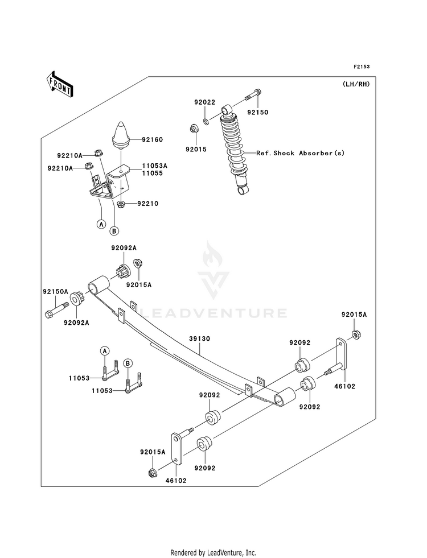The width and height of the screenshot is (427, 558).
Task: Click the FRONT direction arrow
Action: coord(59,84)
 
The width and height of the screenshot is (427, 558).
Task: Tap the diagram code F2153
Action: coord(362,67)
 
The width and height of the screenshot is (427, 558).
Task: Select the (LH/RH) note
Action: coord(356,84)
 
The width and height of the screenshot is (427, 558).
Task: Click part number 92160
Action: coord(152,139)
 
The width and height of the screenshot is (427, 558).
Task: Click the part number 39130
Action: coord(199,339)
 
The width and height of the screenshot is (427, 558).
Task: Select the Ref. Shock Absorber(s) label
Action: coord(300,153)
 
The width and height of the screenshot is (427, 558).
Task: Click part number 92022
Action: coord(205,102)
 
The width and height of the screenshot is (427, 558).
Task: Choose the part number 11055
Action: coord(153,173)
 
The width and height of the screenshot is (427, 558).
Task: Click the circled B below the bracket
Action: coord(114,231)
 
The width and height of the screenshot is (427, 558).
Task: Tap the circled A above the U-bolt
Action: coord(104,351)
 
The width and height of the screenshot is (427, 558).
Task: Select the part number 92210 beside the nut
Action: coord(148,204)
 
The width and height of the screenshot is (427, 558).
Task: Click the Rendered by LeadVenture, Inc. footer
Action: coord(213,552)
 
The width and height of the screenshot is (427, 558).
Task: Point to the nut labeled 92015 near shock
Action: coord(194,128)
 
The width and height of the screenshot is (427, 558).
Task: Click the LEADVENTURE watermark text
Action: coord(213,313)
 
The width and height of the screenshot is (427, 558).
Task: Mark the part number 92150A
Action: coord(55,291)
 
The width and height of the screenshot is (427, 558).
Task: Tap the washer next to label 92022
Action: coord(206,122)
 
